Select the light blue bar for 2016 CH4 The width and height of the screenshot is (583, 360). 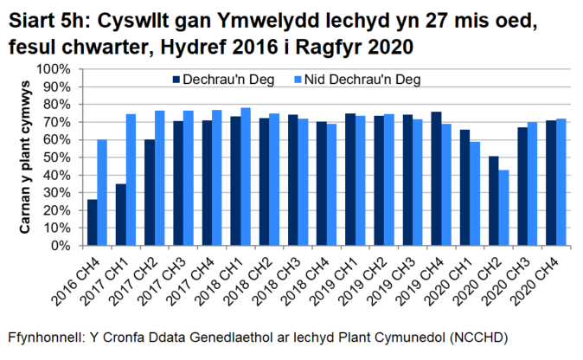[x=102, y=192]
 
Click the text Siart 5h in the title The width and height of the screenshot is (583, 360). [x=40, y=19]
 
